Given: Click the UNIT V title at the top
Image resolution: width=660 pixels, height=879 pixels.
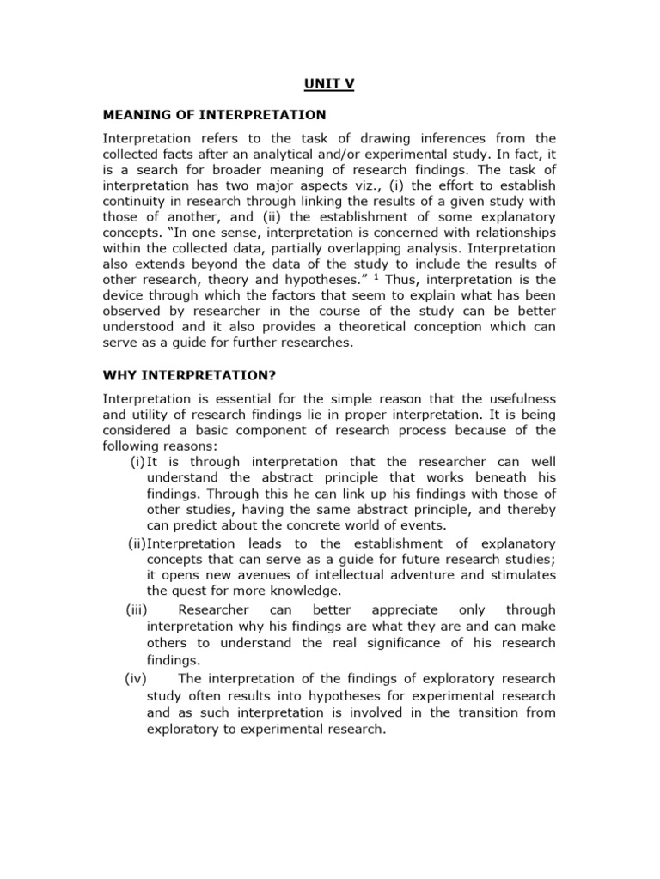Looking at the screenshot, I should pyautogui.click(x=330, y=85).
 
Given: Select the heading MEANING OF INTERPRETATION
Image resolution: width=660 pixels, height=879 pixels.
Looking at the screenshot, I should pyautogui.click(x=214, y=114).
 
